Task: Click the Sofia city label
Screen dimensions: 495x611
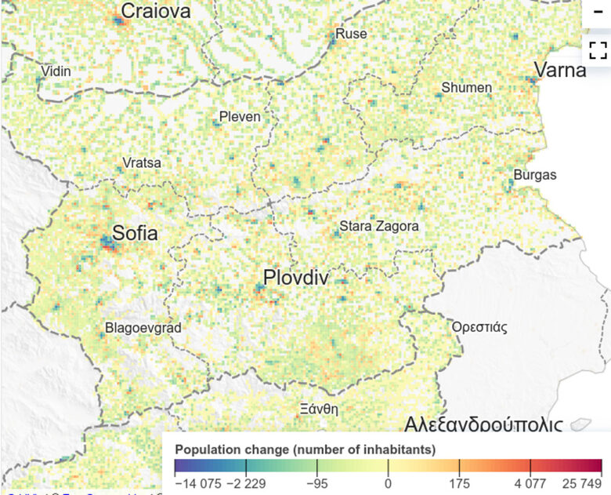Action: point(135,233)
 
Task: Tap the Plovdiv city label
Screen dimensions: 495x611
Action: point(295,278)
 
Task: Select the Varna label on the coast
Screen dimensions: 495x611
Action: point(560,70)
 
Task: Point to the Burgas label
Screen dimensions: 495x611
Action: point(535,175)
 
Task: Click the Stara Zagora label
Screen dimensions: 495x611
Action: point(378,227)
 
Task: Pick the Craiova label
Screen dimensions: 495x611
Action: point(156,11)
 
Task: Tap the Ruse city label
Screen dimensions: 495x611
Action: point(351,34)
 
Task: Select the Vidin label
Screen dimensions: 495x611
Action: point(56,71)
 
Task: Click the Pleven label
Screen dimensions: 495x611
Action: point(240,117)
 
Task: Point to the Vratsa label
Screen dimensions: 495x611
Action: point(142,163)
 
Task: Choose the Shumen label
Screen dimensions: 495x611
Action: point(467,88)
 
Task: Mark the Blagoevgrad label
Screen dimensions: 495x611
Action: point(143,329)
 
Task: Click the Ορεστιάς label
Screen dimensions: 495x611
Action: point(479,327)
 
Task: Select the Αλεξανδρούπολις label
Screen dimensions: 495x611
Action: point(483,426)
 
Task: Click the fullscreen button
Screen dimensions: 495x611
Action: point(598,51)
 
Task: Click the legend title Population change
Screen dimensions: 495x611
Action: point(305,450)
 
